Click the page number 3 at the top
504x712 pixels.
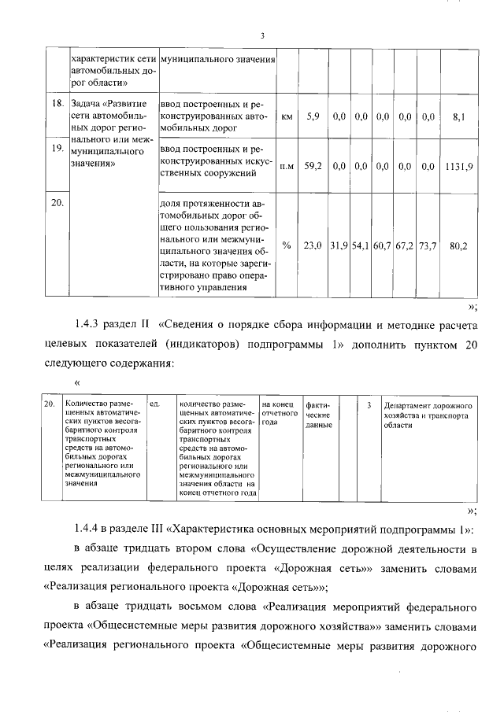click(x=261, y=35)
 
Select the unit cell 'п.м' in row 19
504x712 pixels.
click(x=287, y=166)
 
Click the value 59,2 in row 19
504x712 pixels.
click(x=313, y=166)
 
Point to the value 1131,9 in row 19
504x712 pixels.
click(x=458, y=166)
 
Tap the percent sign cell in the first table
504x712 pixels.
click(x=287, y=245)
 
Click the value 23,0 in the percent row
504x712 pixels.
click(x=313, y=245)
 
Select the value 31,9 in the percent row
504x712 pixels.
click(x=339, y=245)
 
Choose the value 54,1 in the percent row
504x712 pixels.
click(x=361, y=245)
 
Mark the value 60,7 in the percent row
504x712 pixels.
click(x=384, y=245)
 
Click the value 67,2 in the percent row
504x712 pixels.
click(x=406, y=245)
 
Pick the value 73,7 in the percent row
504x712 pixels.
click(x=428, y=245)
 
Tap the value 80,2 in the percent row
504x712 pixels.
click(x=458, y=245)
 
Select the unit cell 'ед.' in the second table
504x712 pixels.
click(x=155, y=404)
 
